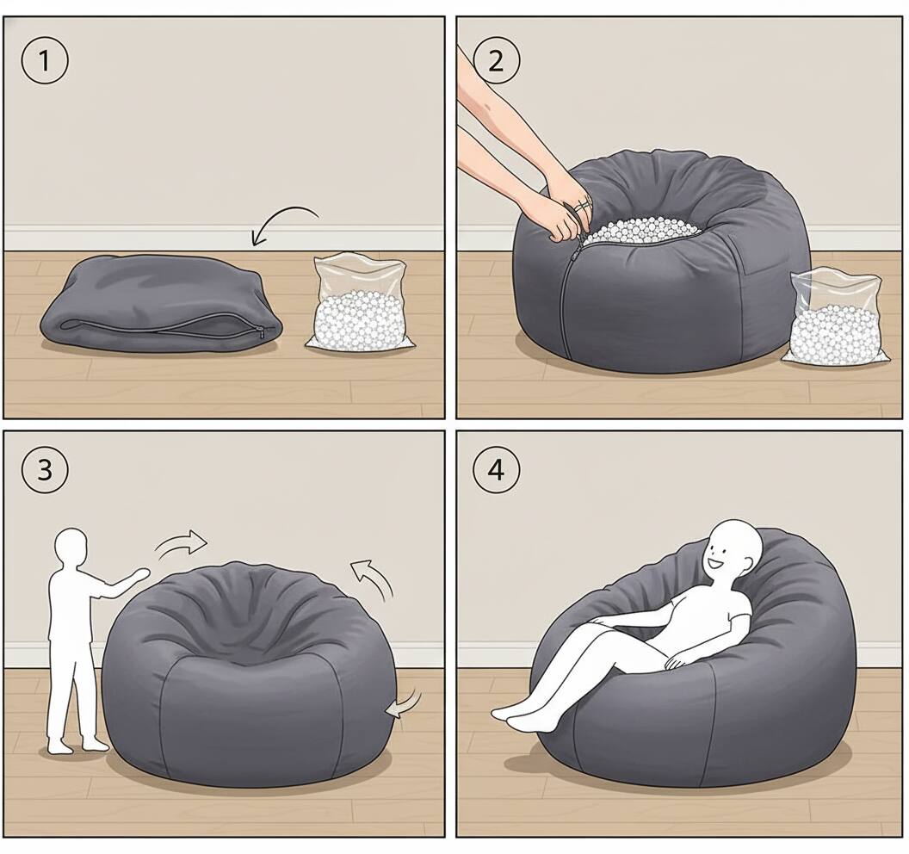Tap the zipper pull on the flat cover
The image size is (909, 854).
point(260,332)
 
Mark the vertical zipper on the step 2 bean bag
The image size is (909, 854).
point(563,301)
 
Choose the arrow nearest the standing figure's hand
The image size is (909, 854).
point(182,544)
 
